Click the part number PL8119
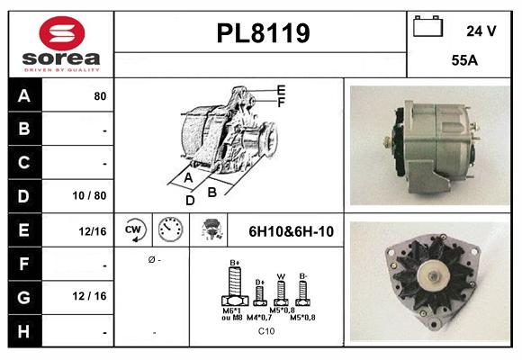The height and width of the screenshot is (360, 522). coord(263,33)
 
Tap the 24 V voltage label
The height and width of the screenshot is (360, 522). coord(481,31)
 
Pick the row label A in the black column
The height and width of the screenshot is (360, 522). coord(24,94)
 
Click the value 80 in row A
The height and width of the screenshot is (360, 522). coord(100,95)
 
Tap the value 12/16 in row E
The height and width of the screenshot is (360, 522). coord(93,231)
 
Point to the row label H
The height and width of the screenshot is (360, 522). coord(24,331)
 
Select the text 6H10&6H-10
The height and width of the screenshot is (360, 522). coord(291,231)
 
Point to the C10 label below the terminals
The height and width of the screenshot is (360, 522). coord(266,331)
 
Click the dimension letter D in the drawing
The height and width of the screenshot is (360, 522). coord(190,201)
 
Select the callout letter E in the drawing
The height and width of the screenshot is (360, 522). coord(281,90)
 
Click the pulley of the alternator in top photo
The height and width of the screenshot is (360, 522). coord(392,141)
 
